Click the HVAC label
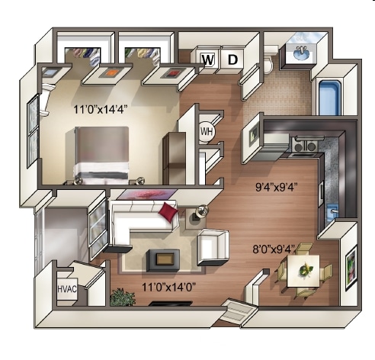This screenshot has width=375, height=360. coord(68,291)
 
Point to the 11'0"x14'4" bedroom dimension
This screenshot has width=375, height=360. coord(100,109)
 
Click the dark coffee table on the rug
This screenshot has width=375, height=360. coord(163,259)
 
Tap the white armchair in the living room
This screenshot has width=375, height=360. coord(213,246)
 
